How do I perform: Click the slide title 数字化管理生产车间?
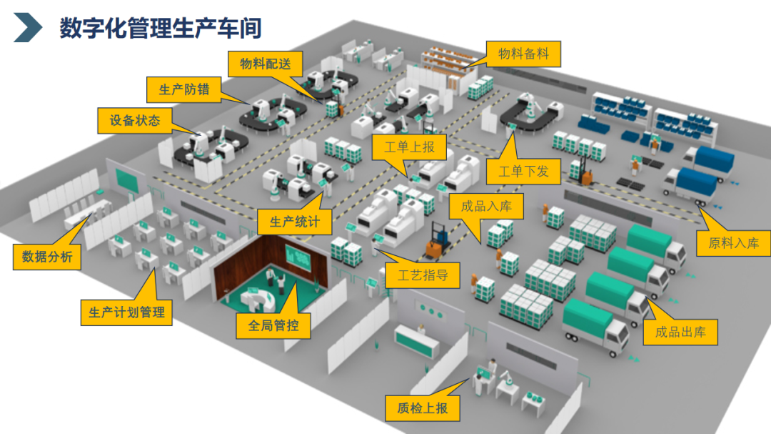click(x=160, y=28)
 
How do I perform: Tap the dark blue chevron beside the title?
click(x=28, y=28)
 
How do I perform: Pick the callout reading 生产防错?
click(x=185, y=90)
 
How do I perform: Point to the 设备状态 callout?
click(x=135, y=121)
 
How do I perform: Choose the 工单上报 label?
click(x=409, y=147)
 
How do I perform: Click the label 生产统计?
click(x=295, y=221)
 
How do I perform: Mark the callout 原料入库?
click(x=734, y=242)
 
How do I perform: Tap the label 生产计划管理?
click(x=126, y=312)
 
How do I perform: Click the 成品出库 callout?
click(x=680, y=332)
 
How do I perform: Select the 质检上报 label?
click(x=423, y=408)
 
